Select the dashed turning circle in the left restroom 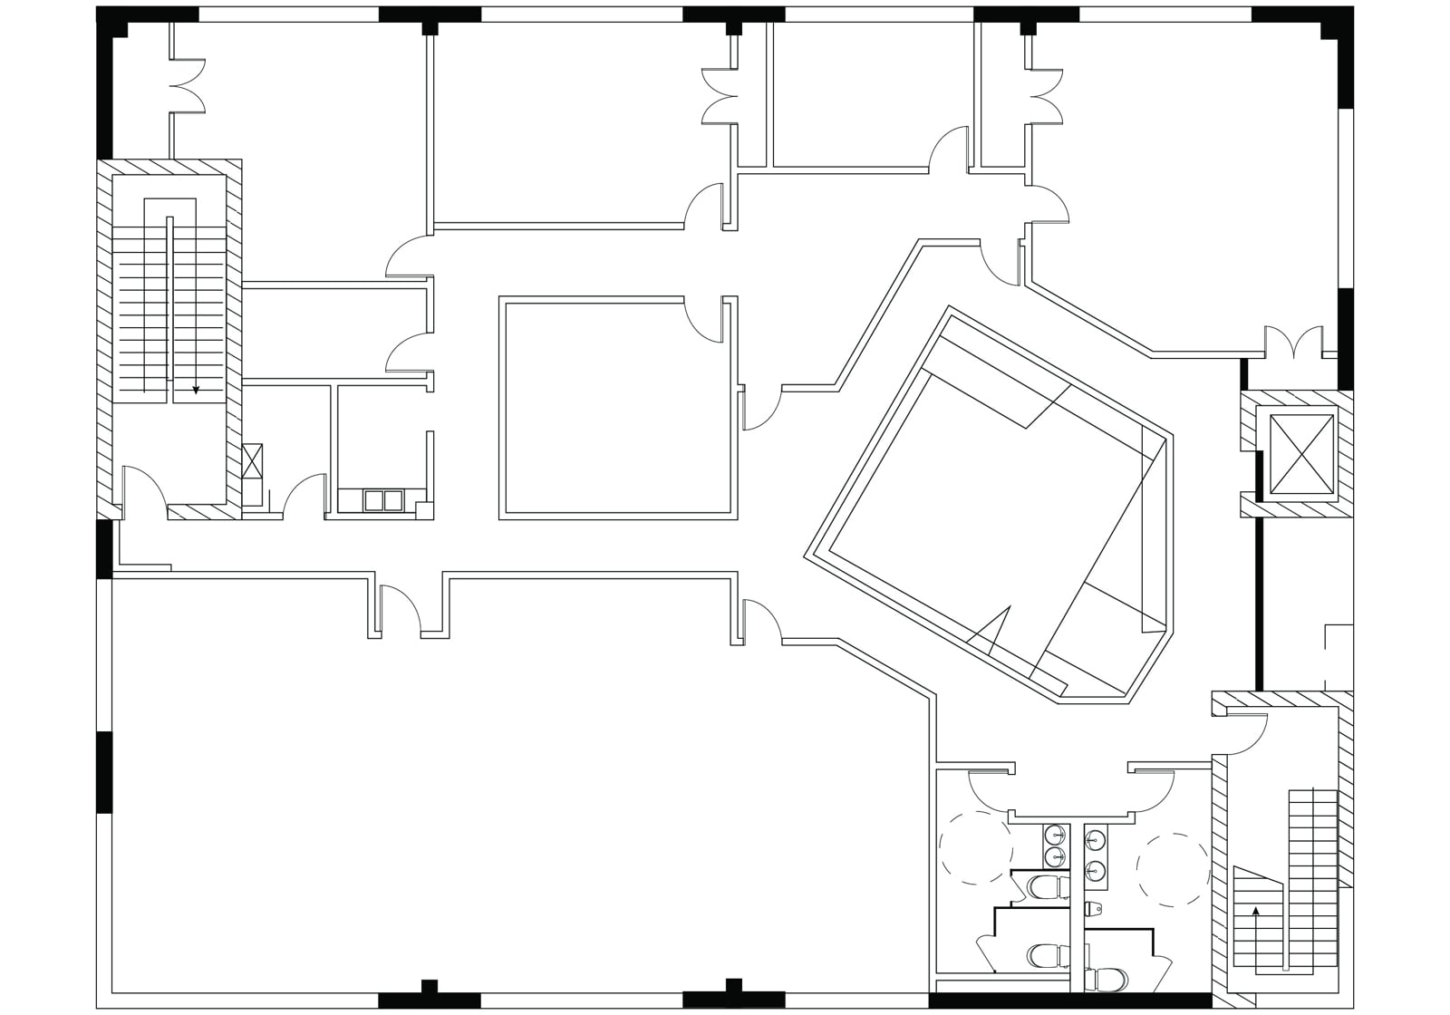click(975, 847)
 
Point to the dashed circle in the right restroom click(1174, 869)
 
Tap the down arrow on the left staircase click(196, 390)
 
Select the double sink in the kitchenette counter click(383, 500)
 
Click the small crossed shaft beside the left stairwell click(253, 460)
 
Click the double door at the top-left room click(186, 86)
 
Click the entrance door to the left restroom click(990, 788)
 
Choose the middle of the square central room click(617, 408)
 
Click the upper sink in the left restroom click(1055, 835)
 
